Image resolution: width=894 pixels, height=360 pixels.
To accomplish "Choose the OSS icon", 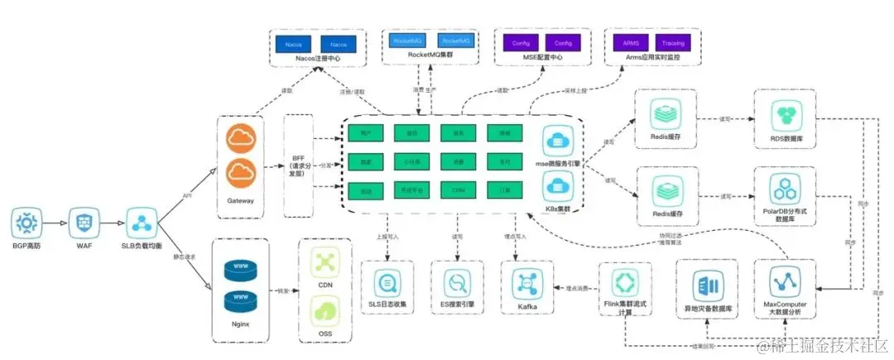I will pos(324,312).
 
